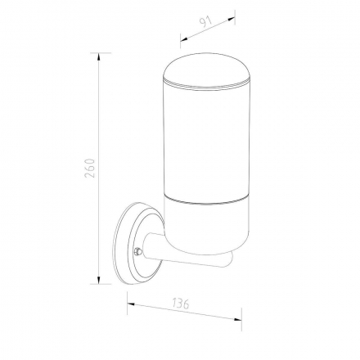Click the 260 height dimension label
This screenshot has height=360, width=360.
[90, 168]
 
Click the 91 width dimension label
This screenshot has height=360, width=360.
[207, 22]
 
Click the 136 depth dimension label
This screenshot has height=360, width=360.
[181, 304]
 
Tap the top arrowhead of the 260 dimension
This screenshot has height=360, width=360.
[99, 56]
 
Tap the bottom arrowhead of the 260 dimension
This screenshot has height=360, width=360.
[99, 280]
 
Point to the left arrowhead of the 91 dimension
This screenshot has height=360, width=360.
[184, 38]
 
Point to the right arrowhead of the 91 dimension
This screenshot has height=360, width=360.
[232, 19]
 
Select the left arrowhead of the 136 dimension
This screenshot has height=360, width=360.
[131, 304]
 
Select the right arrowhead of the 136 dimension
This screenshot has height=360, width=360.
[238, 320]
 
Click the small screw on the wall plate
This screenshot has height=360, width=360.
[138, 250]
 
